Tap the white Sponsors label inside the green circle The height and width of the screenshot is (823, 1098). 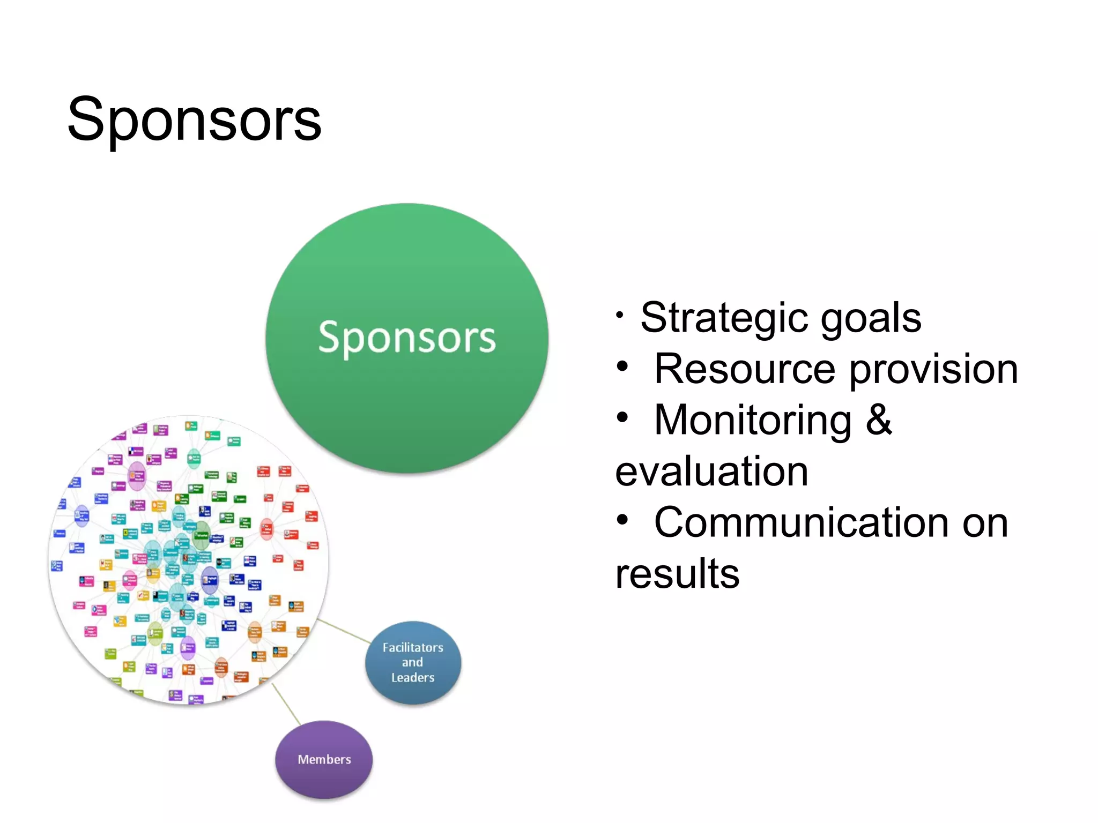click(x=407, y=338)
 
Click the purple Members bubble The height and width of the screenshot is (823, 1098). click(x=324, y=759)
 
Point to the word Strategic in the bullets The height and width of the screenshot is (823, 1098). click(x=724, y=318)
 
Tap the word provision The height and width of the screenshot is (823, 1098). click(x=933, y=369)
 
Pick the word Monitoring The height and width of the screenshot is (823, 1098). click(x=753, y=420)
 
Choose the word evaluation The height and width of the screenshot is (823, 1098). click(x=711, y=472)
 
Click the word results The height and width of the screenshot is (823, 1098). click(x=677, y=574)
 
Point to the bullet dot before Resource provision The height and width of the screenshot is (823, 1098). click(x=622, y=367)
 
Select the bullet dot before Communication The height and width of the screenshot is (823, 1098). click(x=622, y=520)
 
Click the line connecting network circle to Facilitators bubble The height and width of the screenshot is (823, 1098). click(x=344, y=631)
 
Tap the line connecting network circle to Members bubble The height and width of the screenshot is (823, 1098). click(x=286, y=704)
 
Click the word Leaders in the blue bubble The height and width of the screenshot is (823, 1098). click(x=413, y=678)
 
